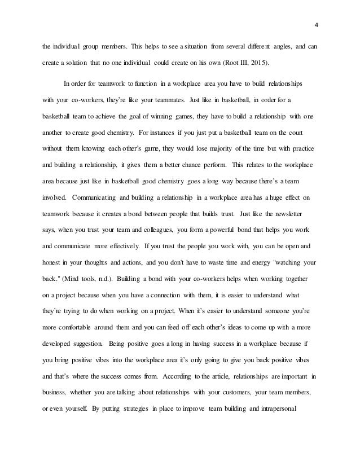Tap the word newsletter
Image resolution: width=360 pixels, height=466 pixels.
pos(286,214)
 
